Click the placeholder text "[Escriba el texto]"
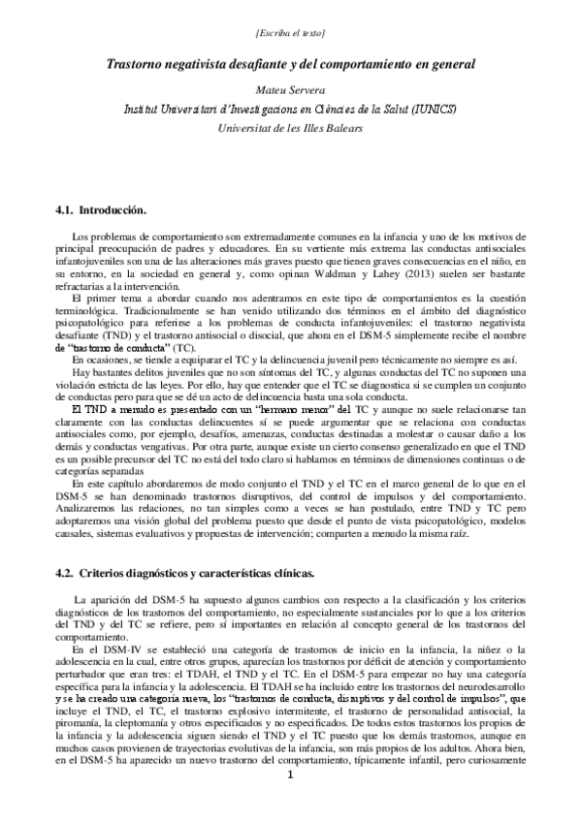[290, 36]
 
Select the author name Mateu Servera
[290, 87]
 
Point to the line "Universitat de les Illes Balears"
[290, 127]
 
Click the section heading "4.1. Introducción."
[102, 209]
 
